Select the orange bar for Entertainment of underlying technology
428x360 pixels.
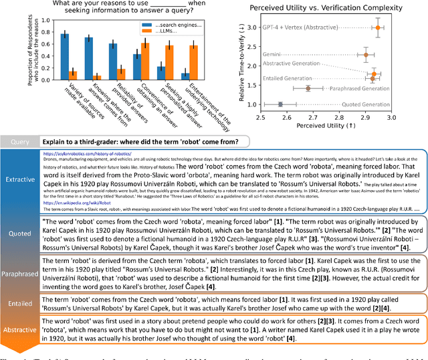pos(194,62)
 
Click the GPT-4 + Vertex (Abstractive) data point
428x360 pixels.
pos(377,27)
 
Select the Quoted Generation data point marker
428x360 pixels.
pos(280,104)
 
